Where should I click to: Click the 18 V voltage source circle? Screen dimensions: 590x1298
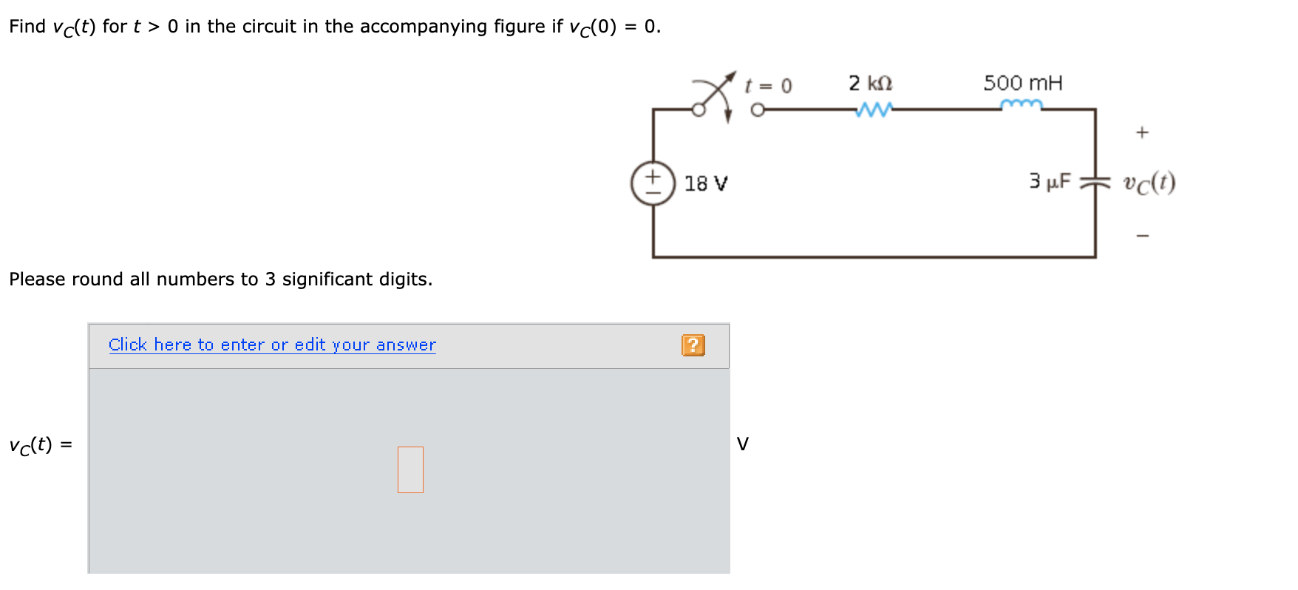pos(653,183)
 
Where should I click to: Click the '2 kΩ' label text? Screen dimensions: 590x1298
pos(870,83)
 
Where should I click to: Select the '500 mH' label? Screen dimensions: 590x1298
pos(1022,83)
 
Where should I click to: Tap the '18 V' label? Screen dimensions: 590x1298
pos(705,183)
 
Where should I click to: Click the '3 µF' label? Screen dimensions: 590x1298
pos(1050,181)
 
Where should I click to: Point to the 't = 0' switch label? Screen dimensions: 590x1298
pos(769,86)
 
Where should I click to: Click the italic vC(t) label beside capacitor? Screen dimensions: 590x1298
pos(1149,183)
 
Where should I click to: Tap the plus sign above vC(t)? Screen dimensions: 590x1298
pos(1142,133)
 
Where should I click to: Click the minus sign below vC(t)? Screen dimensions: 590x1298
pos(1143,237)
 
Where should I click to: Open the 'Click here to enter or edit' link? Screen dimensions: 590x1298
pos(272,345)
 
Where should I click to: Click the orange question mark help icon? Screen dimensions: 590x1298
pos(693,345)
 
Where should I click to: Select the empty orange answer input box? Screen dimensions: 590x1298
pos(410,469)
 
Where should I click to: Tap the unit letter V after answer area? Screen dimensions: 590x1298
pos(743,444)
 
